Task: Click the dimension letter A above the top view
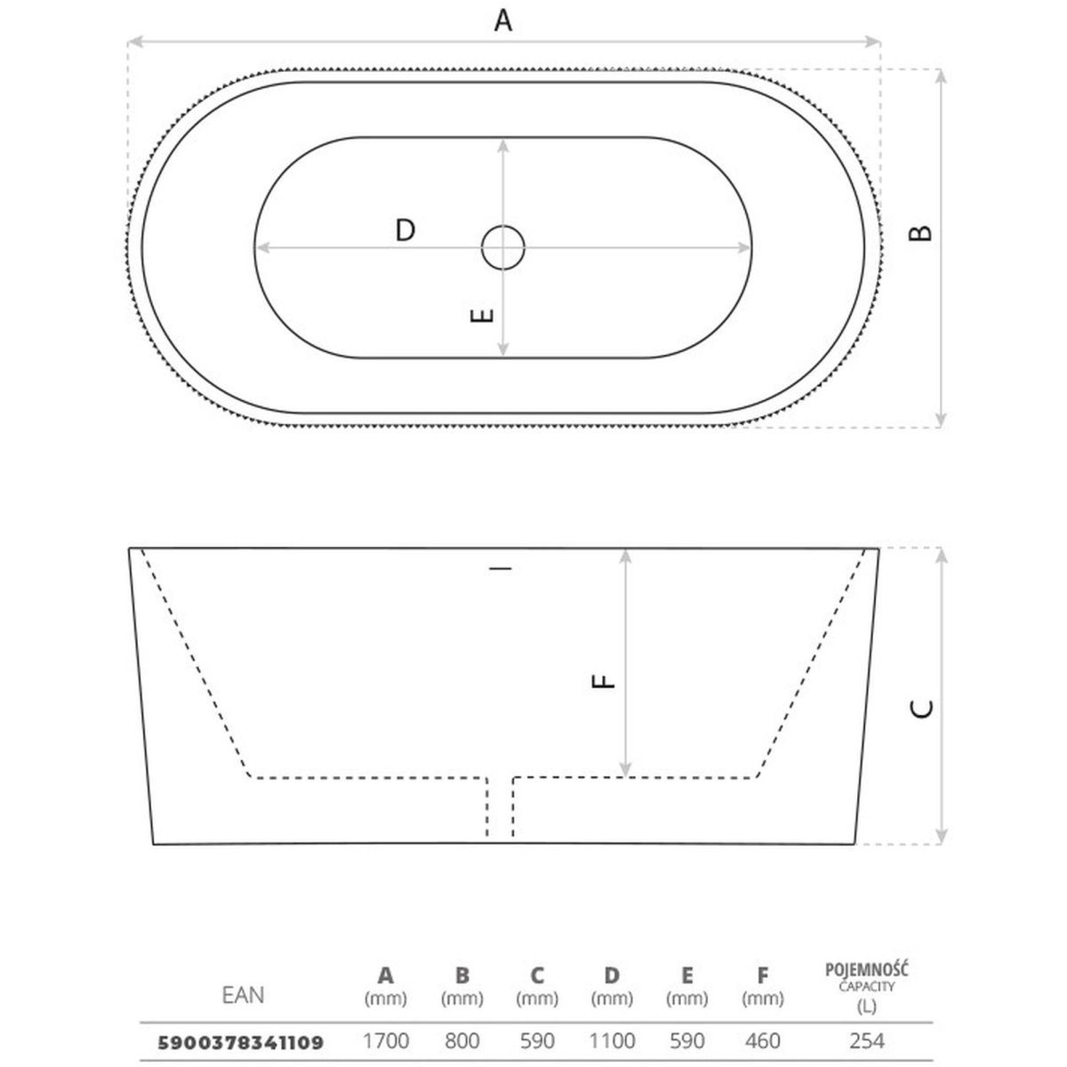coord(502,20)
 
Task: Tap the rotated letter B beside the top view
coord(920,233)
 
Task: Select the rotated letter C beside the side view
coord(921,709)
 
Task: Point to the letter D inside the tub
coord(405,229)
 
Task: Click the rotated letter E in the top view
coord(482,316)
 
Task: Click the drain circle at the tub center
coord(502,247)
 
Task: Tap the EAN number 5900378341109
coord(241,1043)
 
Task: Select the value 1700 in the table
coord(385,1041)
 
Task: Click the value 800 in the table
coord(461,1041)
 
